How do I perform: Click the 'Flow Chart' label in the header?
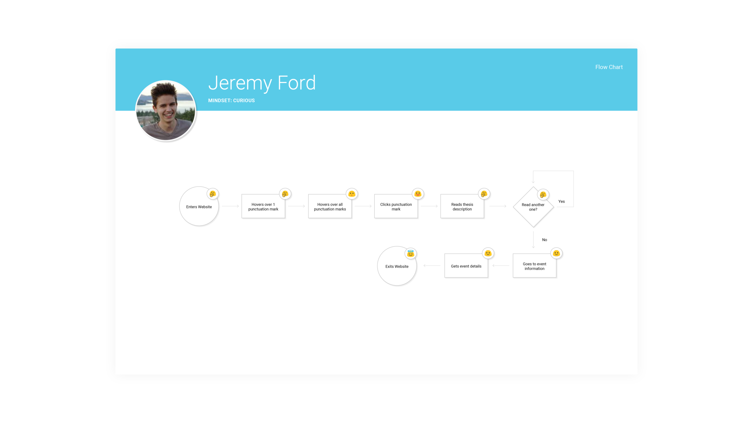[609, 67]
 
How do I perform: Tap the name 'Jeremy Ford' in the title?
[262, 83]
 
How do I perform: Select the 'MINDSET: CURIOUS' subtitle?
[231, 101]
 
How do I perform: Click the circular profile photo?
[166, 110]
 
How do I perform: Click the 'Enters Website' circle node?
[199, 207]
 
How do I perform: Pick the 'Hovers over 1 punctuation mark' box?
[263, 207]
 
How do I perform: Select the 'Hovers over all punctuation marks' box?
[330, 207]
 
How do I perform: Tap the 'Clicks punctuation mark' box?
[396, 207]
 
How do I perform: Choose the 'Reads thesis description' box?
[462, 207]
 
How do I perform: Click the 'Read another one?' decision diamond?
[533, 207]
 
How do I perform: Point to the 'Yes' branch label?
[561, 201]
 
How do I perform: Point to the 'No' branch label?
[545, 240]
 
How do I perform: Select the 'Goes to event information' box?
[534, 266]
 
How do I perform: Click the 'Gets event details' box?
[466, 266]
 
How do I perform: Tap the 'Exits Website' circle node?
[397, 266]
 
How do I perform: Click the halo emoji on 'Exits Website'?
[411, 254]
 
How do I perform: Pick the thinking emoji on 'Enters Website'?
[213, 194]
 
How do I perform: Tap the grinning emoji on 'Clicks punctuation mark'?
[418, 194]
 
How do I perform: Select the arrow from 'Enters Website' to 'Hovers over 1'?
[230, 206]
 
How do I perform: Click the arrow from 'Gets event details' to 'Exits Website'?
[432, 266]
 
